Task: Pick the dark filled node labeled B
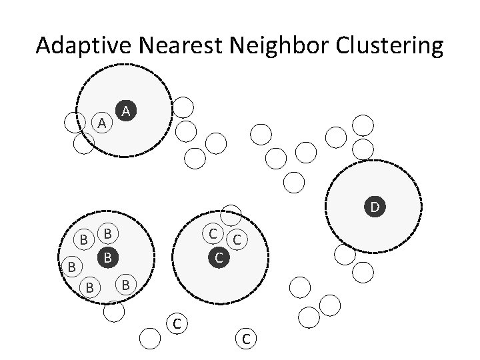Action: (107, 257)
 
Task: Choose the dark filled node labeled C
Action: (219, 256)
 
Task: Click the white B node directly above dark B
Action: (107, 234)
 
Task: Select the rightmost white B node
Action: (125, 285)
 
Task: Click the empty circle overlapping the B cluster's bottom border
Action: (114, 311)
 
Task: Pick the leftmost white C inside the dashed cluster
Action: (212, 234)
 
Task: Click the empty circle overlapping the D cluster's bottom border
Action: (344, 254)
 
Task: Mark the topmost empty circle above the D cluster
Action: (363, 125)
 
